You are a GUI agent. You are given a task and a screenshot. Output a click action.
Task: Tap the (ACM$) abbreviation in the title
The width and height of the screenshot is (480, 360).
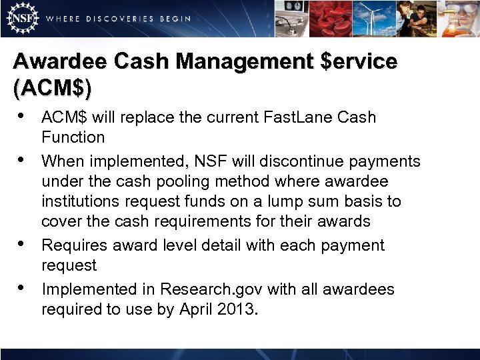(53, 87)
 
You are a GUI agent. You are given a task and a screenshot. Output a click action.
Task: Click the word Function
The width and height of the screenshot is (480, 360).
(73, 138)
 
